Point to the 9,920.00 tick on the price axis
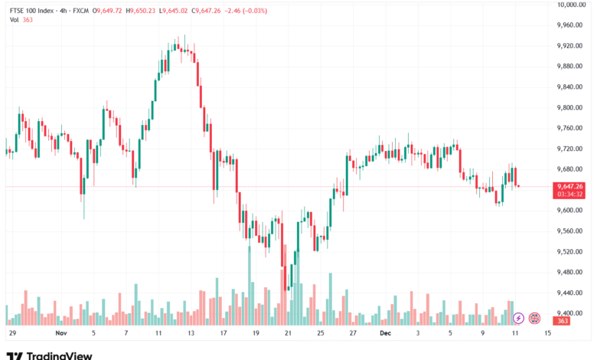pyautogui.click(x=572, y=45)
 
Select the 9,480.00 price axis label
pyautogui.click(x=572, y=272)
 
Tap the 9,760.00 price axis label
pyautogui.click(x=572, y=128)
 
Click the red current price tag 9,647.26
pyautogui.click(x=571, y=186)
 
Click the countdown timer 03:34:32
pyautogui.click(x=570, y=195)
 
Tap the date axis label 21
pyautogui.click(x=288, y=334)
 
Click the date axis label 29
pyautogui.click(x=12, y=334)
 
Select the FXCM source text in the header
pyautogui.click(x=80, y=10)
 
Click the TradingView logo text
pyautogui.click(x=59, y=355)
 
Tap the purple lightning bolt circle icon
pyautogui.click(x=518, y=317)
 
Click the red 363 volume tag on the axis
pyautogui.click(x=563, y=321)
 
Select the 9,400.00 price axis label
pyautogui.click(x=572, y=313)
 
